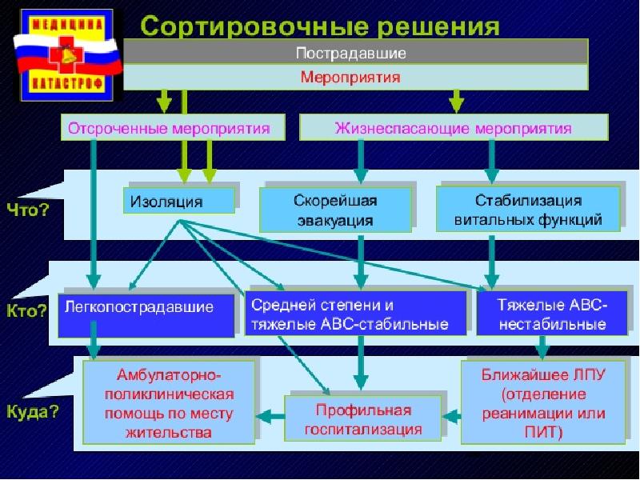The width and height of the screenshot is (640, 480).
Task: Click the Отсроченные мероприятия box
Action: click(175, 128)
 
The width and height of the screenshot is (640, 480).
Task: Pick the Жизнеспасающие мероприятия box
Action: click(453, 128)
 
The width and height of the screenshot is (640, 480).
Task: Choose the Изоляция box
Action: click(178, 201)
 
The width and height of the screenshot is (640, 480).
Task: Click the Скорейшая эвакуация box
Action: click(335, 210)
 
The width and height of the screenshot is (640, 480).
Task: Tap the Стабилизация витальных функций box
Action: click(528, 210)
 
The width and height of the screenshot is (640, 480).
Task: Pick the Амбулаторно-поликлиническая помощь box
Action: click(169, 402)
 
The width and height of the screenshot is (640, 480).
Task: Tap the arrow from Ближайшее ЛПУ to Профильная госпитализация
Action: click(451, 416)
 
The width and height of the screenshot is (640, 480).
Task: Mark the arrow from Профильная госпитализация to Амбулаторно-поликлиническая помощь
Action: click(270, 416)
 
